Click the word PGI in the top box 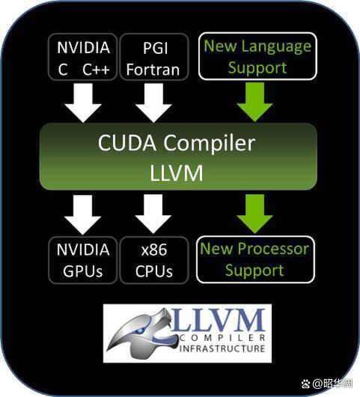pos(156,48)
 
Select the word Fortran pos(153,70)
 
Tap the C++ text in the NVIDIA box pos(96,70)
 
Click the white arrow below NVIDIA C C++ pos(83,103)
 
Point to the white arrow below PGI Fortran pos(153,103)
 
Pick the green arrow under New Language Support pos(254,102)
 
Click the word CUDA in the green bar pos(127,143)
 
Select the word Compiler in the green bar pos(209,144)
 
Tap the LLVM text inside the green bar pos(177,173)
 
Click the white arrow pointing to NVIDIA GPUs pos(82,215)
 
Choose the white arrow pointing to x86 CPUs pos(153,214)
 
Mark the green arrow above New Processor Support pos(254,214)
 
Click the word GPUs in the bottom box pos(82,271)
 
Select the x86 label pos(154,250)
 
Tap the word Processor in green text pos(273,249)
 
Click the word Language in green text pos(276,47)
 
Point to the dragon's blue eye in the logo pos(139,330)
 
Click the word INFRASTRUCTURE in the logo pos(222,348)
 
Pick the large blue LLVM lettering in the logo pos(219,320)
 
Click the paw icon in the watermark pos(306,384)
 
